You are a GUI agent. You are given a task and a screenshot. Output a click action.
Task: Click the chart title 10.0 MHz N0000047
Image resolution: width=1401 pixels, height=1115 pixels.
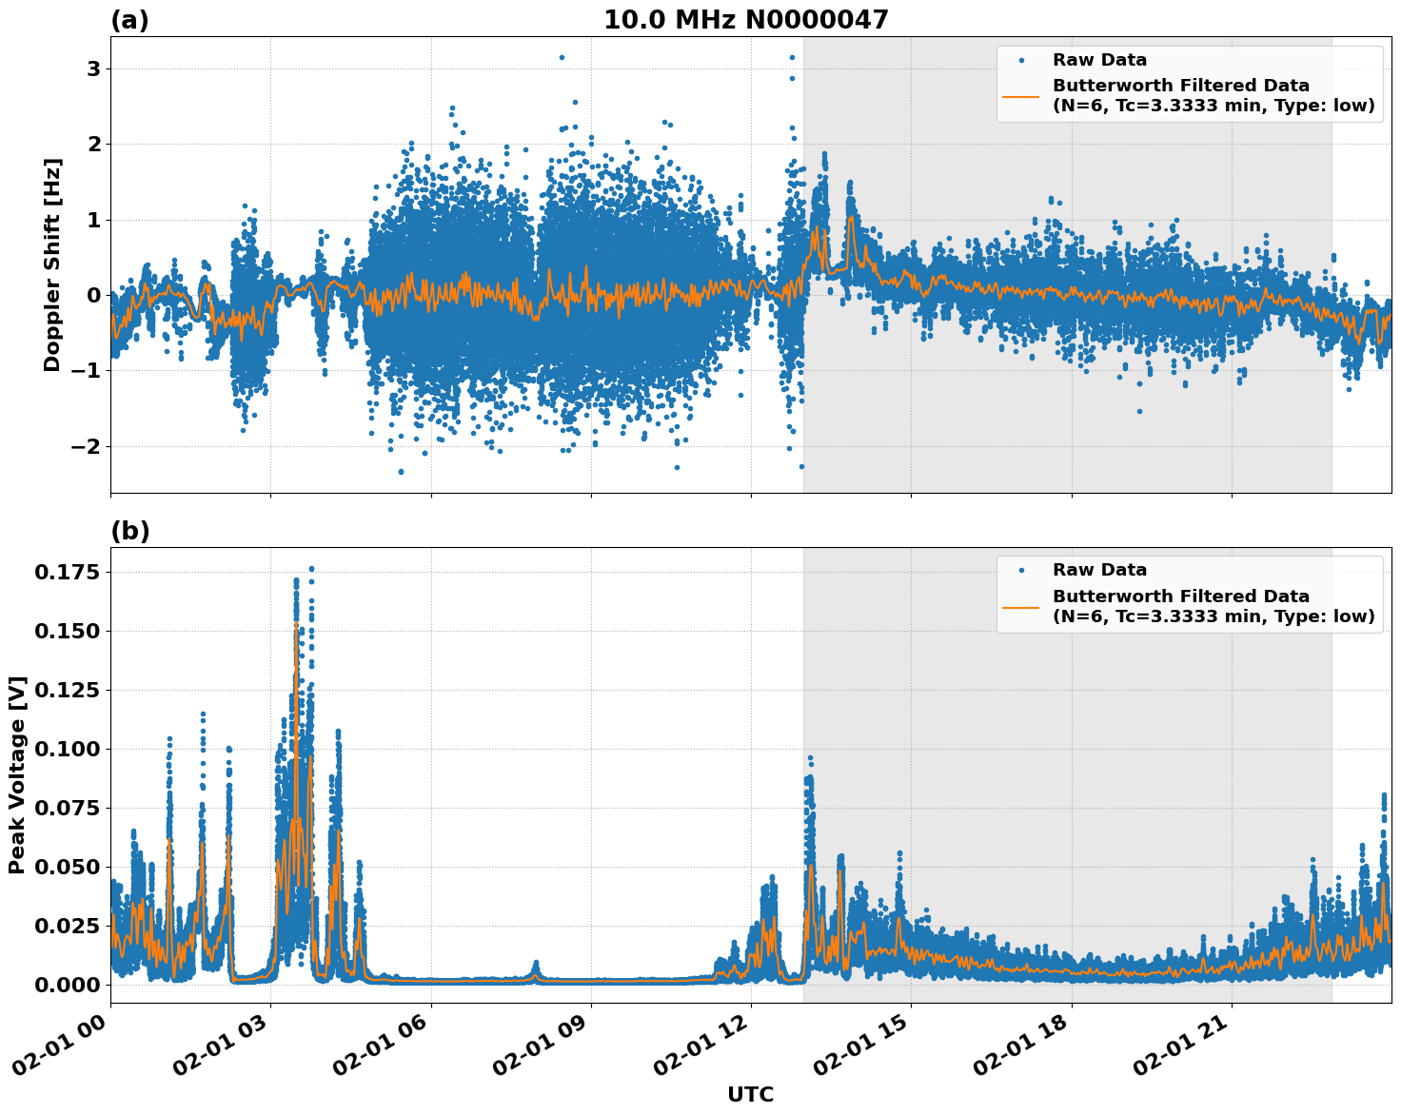745,20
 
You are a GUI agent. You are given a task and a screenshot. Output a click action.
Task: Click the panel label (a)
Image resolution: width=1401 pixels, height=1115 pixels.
129,20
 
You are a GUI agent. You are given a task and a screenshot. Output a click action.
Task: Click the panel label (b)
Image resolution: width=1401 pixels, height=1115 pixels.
129,531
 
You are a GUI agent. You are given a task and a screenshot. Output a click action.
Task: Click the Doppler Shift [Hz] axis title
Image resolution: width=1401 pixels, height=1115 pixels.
52,264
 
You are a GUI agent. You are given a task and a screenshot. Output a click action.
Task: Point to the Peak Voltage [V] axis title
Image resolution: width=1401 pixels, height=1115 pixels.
17,774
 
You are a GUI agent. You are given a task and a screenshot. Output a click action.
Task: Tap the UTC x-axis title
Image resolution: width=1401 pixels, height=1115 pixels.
750,1094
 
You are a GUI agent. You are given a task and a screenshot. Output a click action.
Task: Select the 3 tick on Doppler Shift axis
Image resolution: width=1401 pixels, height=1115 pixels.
93,68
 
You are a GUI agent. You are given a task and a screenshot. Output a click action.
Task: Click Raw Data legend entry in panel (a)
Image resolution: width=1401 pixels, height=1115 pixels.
1099,60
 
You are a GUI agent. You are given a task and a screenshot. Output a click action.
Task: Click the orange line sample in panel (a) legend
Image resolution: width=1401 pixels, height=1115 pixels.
1021,95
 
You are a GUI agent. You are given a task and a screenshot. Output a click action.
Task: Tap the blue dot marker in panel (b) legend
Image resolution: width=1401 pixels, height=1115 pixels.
1021,570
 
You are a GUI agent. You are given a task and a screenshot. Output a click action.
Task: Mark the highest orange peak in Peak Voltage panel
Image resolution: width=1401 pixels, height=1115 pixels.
296,624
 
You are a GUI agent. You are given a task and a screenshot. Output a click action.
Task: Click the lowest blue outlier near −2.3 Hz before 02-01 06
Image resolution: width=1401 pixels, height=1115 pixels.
401,471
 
